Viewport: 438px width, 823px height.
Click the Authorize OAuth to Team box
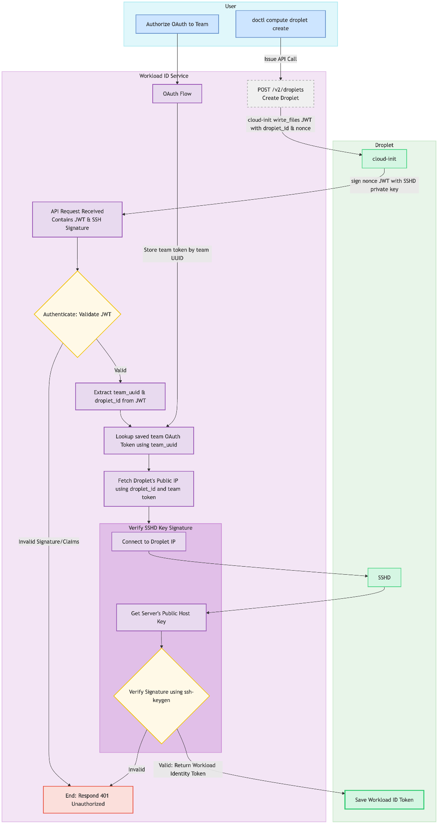177,24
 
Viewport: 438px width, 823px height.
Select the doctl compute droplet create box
280,24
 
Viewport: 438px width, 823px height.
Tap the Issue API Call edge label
280,59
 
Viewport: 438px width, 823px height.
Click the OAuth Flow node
177,94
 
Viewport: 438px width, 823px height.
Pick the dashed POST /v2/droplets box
280,94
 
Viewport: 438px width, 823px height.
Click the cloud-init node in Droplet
384,159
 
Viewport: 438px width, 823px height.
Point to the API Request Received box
77,219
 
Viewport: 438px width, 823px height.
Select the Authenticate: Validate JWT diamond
77,314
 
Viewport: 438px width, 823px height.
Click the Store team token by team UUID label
177,254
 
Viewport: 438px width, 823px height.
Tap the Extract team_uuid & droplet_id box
120,396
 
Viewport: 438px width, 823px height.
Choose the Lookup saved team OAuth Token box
149,440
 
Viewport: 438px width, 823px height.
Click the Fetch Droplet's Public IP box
149,489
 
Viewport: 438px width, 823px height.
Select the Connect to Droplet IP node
149,542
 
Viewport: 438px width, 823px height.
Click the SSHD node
384,577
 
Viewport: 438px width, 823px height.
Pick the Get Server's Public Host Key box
161,617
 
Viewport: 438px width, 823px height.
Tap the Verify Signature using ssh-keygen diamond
161,696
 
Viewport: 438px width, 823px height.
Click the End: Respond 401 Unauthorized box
88,800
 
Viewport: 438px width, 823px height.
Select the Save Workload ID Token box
384,800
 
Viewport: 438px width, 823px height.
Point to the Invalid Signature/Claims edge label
49,542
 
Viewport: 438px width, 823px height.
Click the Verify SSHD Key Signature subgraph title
160,528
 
